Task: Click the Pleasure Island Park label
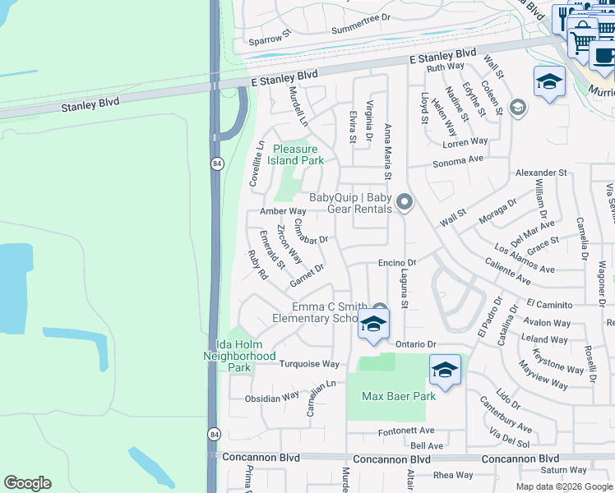(298, 155)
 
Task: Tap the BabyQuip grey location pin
(404, 201)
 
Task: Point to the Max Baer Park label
(399, 396)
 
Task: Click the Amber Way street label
(283, 211)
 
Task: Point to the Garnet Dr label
(307, 275)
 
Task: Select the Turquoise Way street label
(309, 364)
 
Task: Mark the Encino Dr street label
(398, 262)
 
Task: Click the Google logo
(28, 483)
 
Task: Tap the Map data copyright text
(563, 486)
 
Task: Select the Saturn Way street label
(564, 471)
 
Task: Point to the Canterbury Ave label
(506, 415)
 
